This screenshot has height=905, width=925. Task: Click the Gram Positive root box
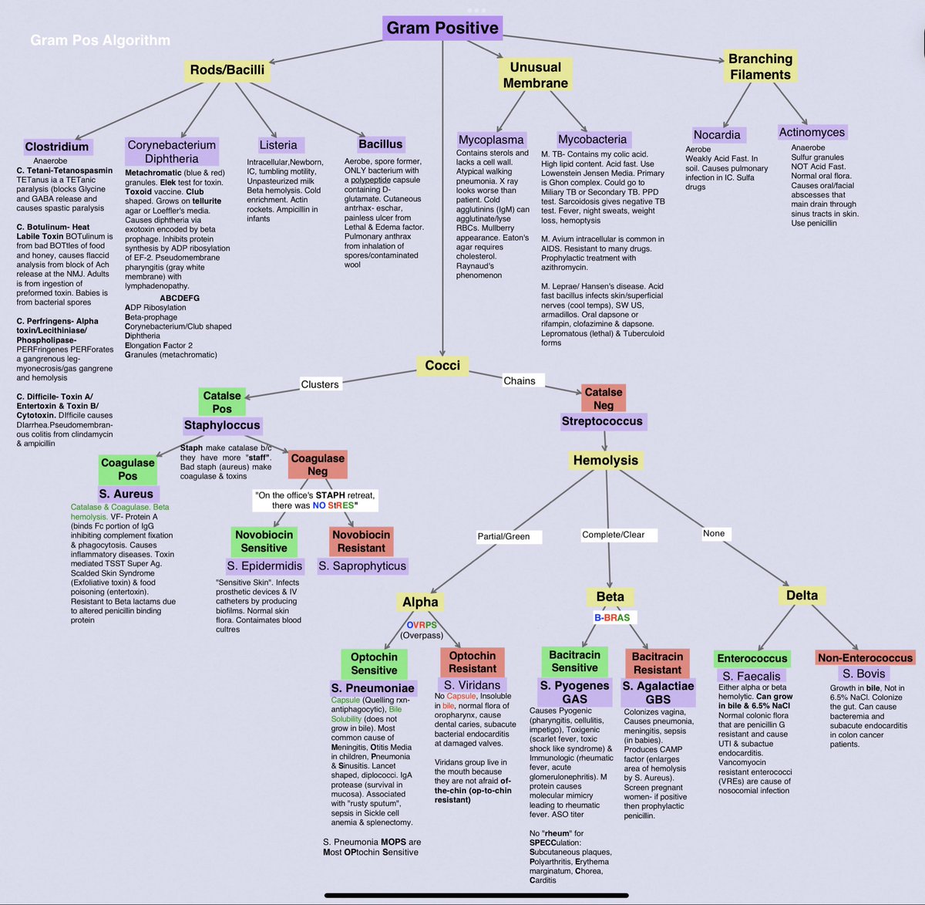[x=442, y=29]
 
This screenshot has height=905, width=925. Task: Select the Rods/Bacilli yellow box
[x=227, y=70]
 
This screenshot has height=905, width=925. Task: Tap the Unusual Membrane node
[x=535, y=75]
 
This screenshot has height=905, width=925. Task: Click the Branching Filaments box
[x=760, y=67]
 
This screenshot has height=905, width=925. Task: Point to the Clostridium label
[x=57, y=147]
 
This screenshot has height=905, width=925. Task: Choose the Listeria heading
[x=278, y=145]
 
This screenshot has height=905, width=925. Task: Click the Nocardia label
[x=717, y=135]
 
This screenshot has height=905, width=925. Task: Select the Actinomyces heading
[x=812, y=133]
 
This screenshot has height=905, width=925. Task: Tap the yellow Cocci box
[x=442, y=365]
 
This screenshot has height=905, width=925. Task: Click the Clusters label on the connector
[x=320, y=384]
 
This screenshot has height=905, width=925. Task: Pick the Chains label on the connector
[x=519, y=380]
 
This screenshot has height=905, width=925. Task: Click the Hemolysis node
[x=606, y=461]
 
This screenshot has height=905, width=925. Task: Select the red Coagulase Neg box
[x=318, y=464]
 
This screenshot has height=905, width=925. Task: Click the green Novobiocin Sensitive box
[x=264, y=541]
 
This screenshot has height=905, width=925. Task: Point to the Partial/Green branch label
[x=503, y=536]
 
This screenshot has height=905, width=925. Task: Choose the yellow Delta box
[x=802, y=596]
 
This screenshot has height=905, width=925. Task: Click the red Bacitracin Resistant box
[x=658, y=663]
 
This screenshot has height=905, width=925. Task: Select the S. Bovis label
[x=863, y=674]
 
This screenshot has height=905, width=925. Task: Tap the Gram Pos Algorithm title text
[x=100, y=40]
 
